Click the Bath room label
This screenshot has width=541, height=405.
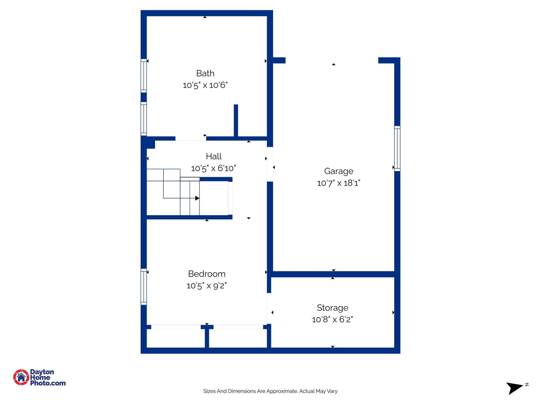tap(205, 73)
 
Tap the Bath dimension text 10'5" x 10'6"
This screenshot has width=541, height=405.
tap(205, 85)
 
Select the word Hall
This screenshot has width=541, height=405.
tap(213, 156)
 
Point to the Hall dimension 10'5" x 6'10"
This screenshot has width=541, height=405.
tap(213, 168)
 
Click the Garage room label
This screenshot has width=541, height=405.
tap(339, 171)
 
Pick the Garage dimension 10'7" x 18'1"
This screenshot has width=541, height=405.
tap(339, 183)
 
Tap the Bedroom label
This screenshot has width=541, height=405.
tap(207, 274)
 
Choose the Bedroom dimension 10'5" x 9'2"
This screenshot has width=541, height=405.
tap(207, 286)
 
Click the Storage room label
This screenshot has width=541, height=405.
tap(333, 308)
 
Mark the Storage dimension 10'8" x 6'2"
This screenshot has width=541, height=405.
tap(333, 320)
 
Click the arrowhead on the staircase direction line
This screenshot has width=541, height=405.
tap(197, 198)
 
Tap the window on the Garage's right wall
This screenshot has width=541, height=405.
tap(397, 149)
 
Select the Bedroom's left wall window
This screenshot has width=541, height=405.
tap(144, 287)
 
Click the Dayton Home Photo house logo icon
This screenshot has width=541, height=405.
tap(21, 377)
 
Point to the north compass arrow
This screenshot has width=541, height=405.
tap(514, 388)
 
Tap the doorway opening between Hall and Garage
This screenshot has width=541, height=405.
tap(270, 164)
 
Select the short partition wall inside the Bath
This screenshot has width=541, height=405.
tap(236, 120)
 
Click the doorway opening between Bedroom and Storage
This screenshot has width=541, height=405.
tap(269, 308)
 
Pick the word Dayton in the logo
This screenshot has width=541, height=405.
tap(42, 372)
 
